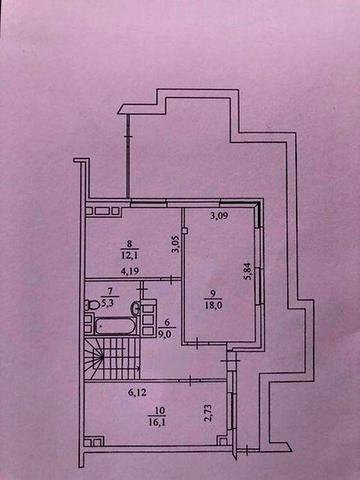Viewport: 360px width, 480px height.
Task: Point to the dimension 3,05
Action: pos(172,245)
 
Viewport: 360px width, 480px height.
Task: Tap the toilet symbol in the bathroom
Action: pos(92,304)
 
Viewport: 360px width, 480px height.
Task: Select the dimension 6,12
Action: pos(138,394)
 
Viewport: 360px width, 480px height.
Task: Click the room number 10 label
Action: pos(155,410)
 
